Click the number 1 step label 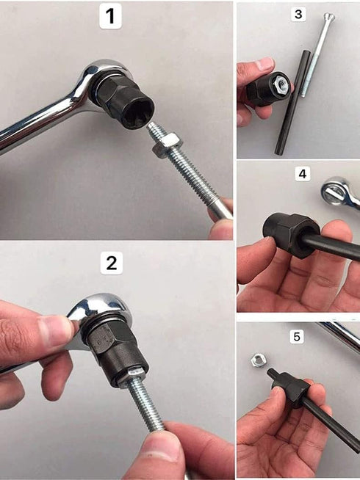pyautogui.click(x=110, y=17)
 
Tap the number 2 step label pyautogui.click(x=110, y=262)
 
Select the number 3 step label pyautogui.click(x=298, y=14)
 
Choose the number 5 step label pyautogui.click(x=297, y=336)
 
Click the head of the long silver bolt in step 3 pyautogui.click(x=328, y=17)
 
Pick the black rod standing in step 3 pyautogui.click(x=289, y=103)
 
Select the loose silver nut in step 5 pyautogui.click(x=258, y=360)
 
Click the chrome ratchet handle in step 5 pyautogui.click(x=342, y=336)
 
